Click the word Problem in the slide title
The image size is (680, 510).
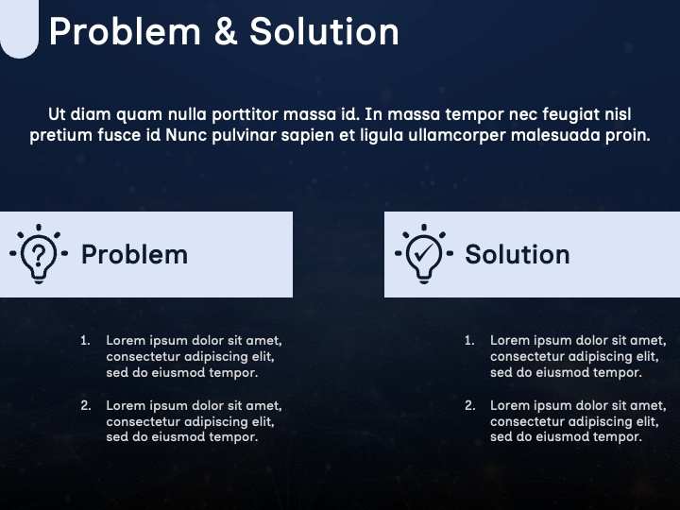[125, 32]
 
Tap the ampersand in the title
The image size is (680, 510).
[225, 32]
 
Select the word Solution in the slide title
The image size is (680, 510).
[324, 32]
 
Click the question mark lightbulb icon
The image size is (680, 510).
[39, 253]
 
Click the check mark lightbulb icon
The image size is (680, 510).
[423, 253]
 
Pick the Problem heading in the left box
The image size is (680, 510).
[134, 254]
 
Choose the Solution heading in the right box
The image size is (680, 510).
[517, 254]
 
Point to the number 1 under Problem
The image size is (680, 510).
[85, 340]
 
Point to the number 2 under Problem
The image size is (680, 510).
[85, 405]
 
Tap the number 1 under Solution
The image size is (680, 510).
[469, 340]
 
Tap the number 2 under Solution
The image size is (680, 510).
[469, 405]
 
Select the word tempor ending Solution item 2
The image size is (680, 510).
[620, 437]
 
